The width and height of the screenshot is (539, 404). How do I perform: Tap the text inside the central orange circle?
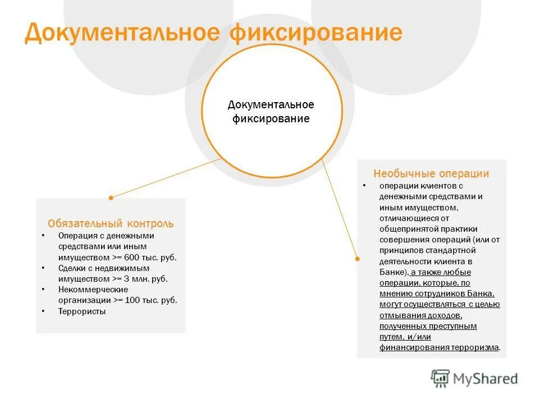[271, 112]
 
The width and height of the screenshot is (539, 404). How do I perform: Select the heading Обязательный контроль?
[111, 223]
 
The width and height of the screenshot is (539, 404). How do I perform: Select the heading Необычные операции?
[431, 174]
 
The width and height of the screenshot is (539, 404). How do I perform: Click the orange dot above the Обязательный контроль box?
[111, 198]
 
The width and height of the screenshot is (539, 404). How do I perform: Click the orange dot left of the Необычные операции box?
[357, 259]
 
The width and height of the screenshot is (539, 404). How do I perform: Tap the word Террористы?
[82, 311]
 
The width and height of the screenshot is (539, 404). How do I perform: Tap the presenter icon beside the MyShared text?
[441, 378]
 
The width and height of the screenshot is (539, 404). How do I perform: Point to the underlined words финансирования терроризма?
[439, 347]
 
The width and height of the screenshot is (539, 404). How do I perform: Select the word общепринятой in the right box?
[408, 229]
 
